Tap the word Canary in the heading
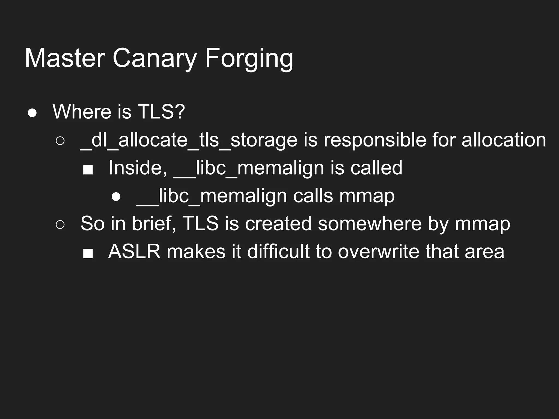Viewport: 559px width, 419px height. (154, 58)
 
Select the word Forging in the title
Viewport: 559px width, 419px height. (249, 58)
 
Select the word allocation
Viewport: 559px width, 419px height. (504, 140)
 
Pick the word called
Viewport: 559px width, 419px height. (376, 168)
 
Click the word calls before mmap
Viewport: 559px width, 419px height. (313, 196)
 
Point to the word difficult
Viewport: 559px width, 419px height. (278, 252)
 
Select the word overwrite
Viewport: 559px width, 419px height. (379, 252)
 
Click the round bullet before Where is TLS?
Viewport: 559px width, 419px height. (32, 113)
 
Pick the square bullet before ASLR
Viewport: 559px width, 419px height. (88, 253)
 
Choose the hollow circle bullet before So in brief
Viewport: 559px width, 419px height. (60, 225)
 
